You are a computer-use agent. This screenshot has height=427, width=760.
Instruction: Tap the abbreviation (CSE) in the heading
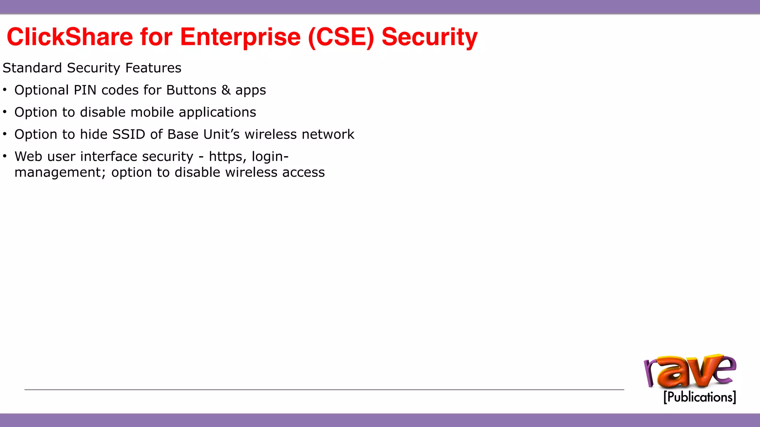pos(341,37)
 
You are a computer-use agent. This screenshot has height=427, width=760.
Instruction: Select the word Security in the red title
pos(429,37)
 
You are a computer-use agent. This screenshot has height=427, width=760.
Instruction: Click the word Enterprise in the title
pos(240,37)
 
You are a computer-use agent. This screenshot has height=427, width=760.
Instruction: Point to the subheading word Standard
pos(32,68)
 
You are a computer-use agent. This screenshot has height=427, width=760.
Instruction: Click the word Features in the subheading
pos(153,68)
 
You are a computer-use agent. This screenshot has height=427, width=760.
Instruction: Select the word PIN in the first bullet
pos(85,90)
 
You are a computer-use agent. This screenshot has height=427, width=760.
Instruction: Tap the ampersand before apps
pos(226,90)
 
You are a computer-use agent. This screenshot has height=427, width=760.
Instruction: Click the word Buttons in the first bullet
pos(191,90)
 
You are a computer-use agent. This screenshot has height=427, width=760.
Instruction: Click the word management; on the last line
pos(60,173)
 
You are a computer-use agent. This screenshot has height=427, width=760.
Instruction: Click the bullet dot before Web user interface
pos(5,156)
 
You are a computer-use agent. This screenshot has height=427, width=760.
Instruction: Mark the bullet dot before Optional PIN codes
pos(5,90)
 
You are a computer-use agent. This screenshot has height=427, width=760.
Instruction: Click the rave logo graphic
pos(690,372)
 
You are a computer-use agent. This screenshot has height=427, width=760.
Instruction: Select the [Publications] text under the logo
pos(700,397)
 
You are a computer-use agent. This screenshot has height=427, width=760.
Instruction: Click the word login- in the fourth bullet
pos(270,157)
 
